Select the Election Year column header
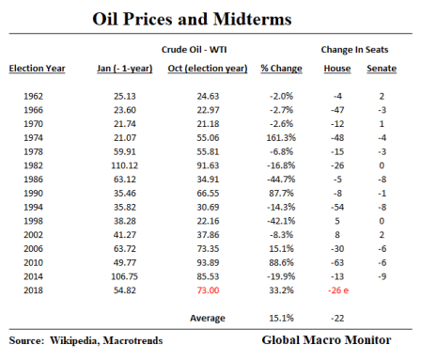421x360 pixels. tap(38, 68)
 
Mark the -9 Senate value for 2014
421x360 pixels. tap(382, 277)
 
